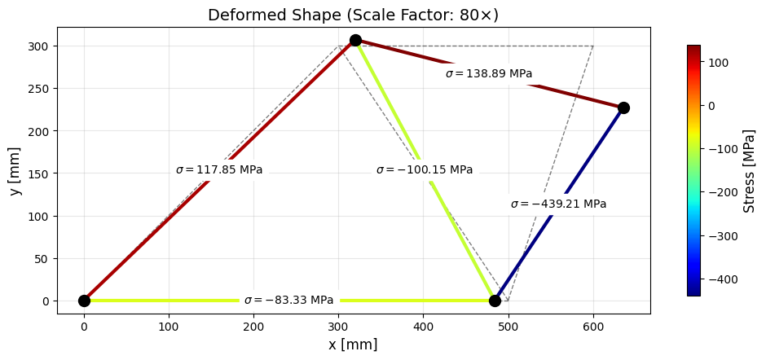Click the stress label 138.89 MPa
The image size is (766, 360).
[x=489, y=74]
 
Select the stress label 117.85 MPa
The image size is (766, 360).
[x=219, y=170]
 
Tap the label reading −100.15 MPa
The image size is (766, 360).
[x=425, y=170]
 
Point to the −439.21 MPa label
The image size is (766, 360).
[x=558, y=204]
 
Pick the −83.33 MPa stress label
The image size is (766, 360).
[x=289, y=301]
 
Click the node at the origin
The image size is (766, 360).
[x=84, y=301]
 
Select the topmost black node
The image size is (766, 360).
[x=355, y=40]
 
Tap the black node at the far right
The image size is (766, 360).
[x=623, y=108]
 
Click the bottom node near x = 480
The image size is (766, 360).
[x=495, y=301]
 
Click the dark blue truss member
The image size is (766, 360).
[x=562, y=200]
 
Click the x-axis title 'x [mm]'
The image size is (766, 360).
[x=353, y=345]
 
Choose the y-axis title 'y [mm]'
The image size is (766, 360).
[x=15, y=171]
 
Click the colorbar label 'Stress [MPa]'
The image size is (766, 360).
[x=750, y=170]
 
